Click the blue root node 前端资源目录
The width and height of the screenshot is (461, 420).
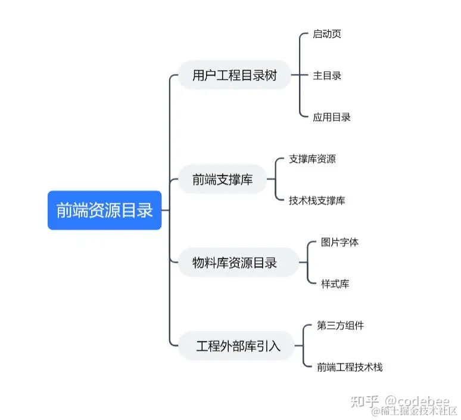[x=104, y=210]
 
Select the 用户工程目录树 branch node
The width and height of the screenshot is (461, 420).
[x=235, y=76]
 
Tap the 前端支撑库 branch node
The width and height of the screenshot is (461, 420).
[x=222, y=180]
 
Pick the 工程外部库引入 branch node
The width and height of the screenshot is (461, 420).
[x=238, y=345]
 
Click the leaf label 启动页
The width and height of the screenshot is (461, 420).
[x=327, y=34]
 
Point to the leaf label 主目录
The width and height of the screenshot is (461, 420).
[x=327, y=76]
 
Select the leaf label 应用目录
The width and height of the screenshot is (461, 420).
[x=332, y=117]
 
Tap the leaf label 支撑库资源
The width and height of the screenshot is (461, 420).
[x=312, y=159]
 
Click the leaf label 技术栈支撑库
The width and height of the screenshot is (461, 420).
[x=316, y=200]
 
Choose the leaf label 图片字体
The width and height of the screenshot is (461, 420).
[x=339, y=242]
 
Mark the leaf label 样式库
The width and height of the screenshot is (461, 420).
[x=335, y=283]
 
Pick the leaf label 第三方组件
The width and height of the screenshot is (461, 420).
[x=340, y=325]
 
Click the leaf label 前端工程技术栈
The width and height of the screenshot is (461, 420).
[x=350, y=367]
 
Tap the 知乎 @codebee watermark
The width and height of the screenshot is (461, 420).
[x=400, y=400]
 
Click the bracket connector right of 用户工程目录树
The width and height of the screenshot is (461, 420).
[x=299, y=76]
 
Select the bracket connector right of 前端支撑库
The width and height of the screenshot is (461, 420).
[x=275, y=180]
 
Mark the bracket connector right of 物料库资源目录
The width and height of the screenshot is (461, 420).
[x=307, y=262]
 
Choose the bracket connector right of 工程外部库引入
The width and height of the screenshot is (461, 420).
[x=304, y=345]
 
